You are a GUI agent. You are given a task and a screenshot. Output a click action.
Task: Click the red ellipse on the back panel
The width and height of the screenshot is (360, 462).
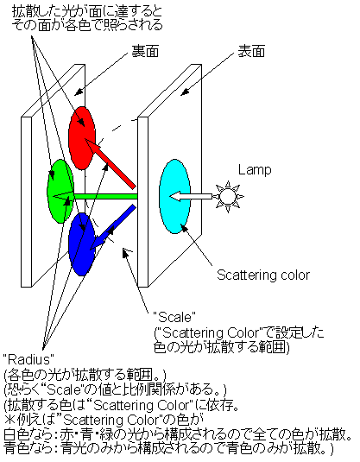[82, 138]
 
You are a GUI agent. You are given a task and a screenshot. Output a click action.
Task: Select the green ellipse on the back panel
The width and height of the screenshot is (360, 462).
[60, 191]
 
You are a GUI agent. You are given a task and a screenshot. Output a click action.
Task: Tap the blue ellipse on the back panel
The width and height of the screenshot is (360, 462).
[82, 244]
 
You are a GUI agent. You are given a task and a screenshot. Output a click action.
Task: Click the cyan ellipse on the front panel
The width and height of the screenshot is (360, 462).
[174, 197]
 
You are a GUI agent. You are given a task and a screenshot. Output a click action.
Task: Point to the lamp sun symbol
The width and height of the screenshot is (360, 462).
[228, 197]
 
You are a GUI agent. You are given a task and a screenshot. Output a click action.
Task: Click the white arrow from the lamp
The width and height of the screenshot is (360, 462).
[191, 196]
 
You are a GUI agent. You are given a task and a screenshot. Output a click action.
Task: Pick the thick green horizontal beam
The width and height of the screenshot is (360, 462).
[105, 196]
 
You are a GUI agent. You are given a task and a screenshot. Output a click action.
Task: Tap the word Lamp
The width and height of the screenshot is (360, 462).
[255, 170]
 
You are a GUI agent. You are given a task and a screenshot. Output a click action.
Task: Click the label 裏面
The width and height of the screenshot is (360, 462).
[145, 51]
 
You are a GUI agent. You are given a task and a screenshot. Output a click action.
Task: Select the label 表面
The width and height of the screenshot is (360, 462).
[251, 51]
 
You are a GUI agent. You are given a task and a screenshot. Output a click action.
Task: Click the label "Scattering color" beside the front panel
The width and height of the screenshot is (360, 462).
[263, 275]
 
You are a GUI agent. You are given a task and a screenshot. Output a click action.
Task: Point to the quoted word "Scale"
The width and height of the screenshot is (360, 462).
[174, 317]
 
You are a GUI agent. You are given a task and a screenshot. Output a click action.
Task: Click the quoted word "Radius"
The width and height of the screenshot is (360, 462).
[28, 359]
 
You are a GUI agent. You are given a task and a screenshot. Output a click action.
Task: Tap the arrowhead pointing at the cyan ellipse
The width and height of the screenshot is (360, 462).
[184, 228]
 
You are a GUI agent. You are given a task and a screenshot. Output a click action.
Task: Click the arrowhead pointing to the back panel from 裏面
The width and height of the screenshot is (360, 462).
[78, 92]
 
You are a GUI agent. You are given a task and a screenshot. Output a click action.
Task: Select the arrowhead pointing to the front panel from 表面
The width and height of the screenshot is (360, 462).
[185, 92]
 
